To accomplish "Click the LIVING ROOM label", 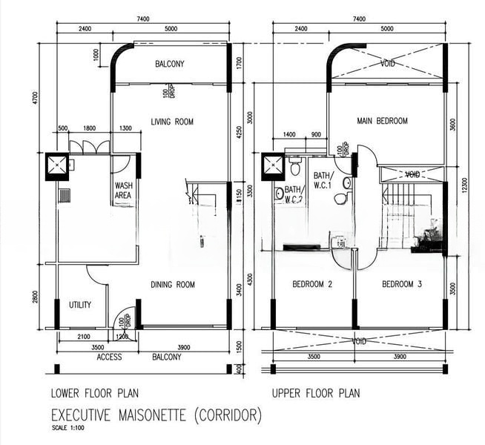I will (171, 122).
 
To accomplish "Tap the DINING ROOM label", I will (173, 285).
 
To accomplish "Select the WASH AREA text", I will (123, 191).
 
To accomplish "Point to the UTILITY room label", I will (80, 305).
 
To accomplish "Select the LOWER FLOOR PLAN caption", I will (94, 393).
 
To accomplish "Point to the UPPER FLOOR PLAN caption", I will (315, 393).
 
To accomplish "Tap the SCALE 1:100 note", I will (67, 428).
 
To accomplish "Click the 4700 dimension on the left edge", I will (35, 98).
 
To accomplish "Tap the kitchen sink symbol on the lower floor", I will (65, 196).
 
